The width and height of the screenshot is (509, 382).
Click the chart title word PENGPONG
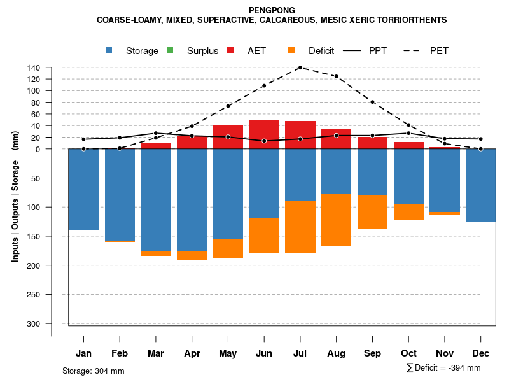pyautogui.click(x=272, y=10)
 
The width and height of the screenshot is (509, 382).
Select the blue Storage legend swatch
pyautogui.click(x=109, y=51)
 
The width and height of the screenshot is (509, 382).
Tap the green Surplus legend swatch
pyautogui.click(x=170, y=51)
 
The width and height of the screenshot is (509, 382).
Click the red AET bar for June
pyautogui.click(x=265, y=131)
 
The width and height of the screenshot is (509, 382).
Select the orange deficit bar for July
pyautogui.click(x=300, y=227)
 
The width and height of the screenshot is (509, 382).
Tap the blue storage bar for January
pyautogui.click(x=83, y=189)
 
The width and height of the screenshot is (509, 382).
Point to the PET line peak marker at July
pyautogui.click(x=300, y=67)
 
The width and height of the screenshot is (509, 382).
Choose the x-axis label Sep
pyautogui.click(x=373, y=353)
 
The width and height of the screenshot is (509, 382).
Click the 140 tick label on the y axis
pyautogui.click(x=34, y=68)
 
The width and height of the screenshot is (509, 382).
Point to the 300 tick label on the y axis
pyautogui.click(x=33, y=323)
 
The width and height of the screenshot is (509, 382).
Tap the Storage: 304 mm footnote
pyautogui.click(x=93, y=371)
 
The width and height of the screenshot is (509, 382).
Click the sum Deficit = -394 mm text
pyautogui.click(x=443, y=368)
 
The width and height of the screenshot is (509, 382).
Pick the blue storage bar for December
pyautogui.click(x=480, y=185)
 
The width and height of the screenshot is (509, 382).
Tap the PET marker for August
pyautogui.click(x=337, y=76)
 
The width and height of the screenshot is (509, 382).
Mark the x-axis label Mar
pyautogui.click(x=156, y=353)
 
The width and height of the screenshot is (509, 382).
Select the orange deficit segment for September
pyautogui.click(x=373, y=212)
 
